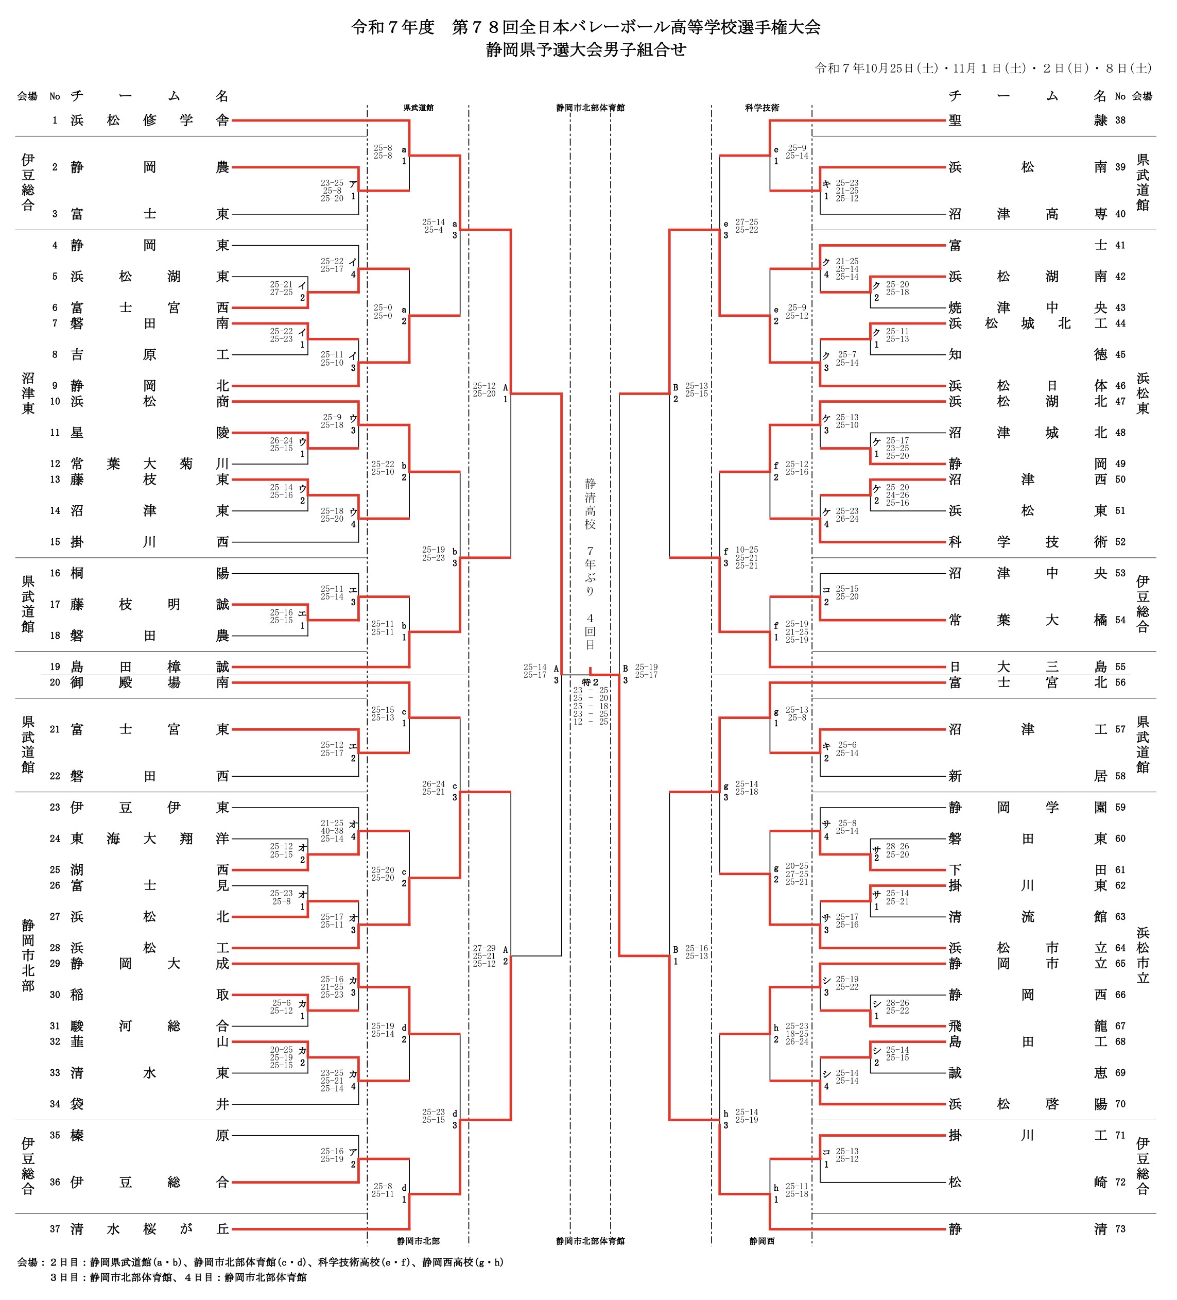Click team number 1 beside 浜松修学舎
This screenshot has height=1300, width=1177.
coord(55,121)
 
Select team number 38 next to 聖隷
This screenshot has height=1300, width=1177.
coord(1120,121)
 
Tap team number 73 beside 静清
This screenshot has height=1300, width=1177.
coord(1120,1229)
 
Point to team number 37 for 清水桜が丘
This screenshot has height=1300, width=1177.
coord(55,1229)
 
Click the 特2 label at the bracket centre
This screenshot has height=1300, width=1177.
coord(590,682)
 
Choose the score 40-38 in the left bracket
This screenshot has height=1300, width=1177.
coord(332,831)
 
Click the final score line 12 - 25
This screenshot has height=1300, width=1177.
coord(591,722)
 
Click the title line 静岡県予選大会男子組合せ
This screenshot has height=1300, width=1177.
coord(586,49)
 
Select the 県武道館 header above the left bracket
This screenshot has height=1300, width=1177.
coord(418,108)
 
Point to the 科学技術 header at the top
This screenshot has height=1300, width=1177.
coord(762,108)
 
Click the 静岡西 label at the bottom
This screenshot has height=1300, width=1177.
coord(762,1241)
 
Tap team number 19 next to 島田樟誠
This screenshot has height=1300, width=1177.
coord(55,667)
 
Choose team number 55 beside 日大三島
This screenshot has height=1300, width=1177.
coord(1120,667)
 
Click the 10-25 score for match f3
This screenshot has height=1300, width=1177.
coord(747,550)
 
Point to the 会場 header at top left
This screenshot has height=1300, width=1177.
coord(27,97)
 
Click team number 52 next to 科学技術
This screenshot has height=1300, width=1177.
coord(1120,542)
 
